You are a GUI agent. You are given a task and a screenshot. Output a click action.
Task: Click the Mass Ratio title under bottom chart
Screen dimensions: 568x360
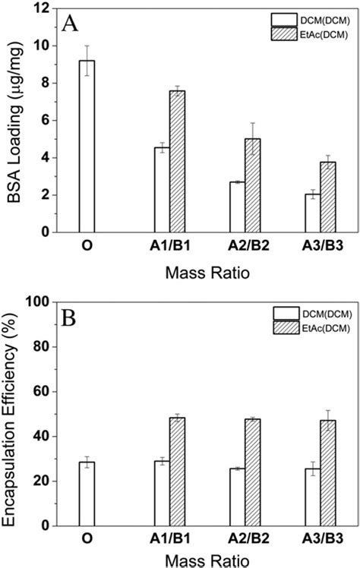click(201, 560)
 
